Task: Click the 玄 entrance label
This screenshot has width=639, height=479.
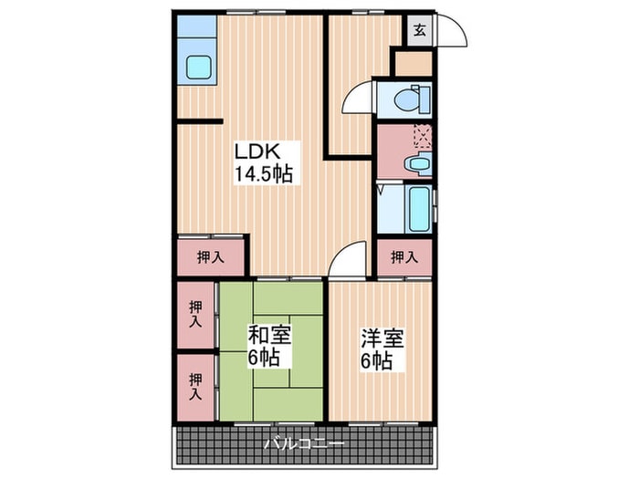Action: (x=419, y=30)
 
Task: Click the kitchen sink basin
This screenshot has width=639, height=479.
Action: (x=198, y=67)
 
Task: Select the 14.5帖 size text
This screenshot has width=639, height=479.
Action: (x=264, y=173)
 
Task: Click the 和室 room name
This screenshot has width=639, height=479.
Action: (x=269, y=334)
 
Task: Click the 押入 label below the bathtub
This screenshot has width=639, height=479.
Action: (x=404, y=258)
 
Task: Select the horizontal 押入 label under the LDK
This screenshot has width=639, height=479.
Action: (x=211, y=258)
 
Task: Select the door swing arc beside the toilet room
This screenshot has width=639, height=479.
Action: (x=358, y=100)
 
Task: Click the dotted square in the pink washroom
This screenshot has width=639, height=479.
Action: (x=423, y=137)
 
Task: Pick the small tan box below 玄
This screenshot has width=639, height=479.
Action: (x=414, y=63)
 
